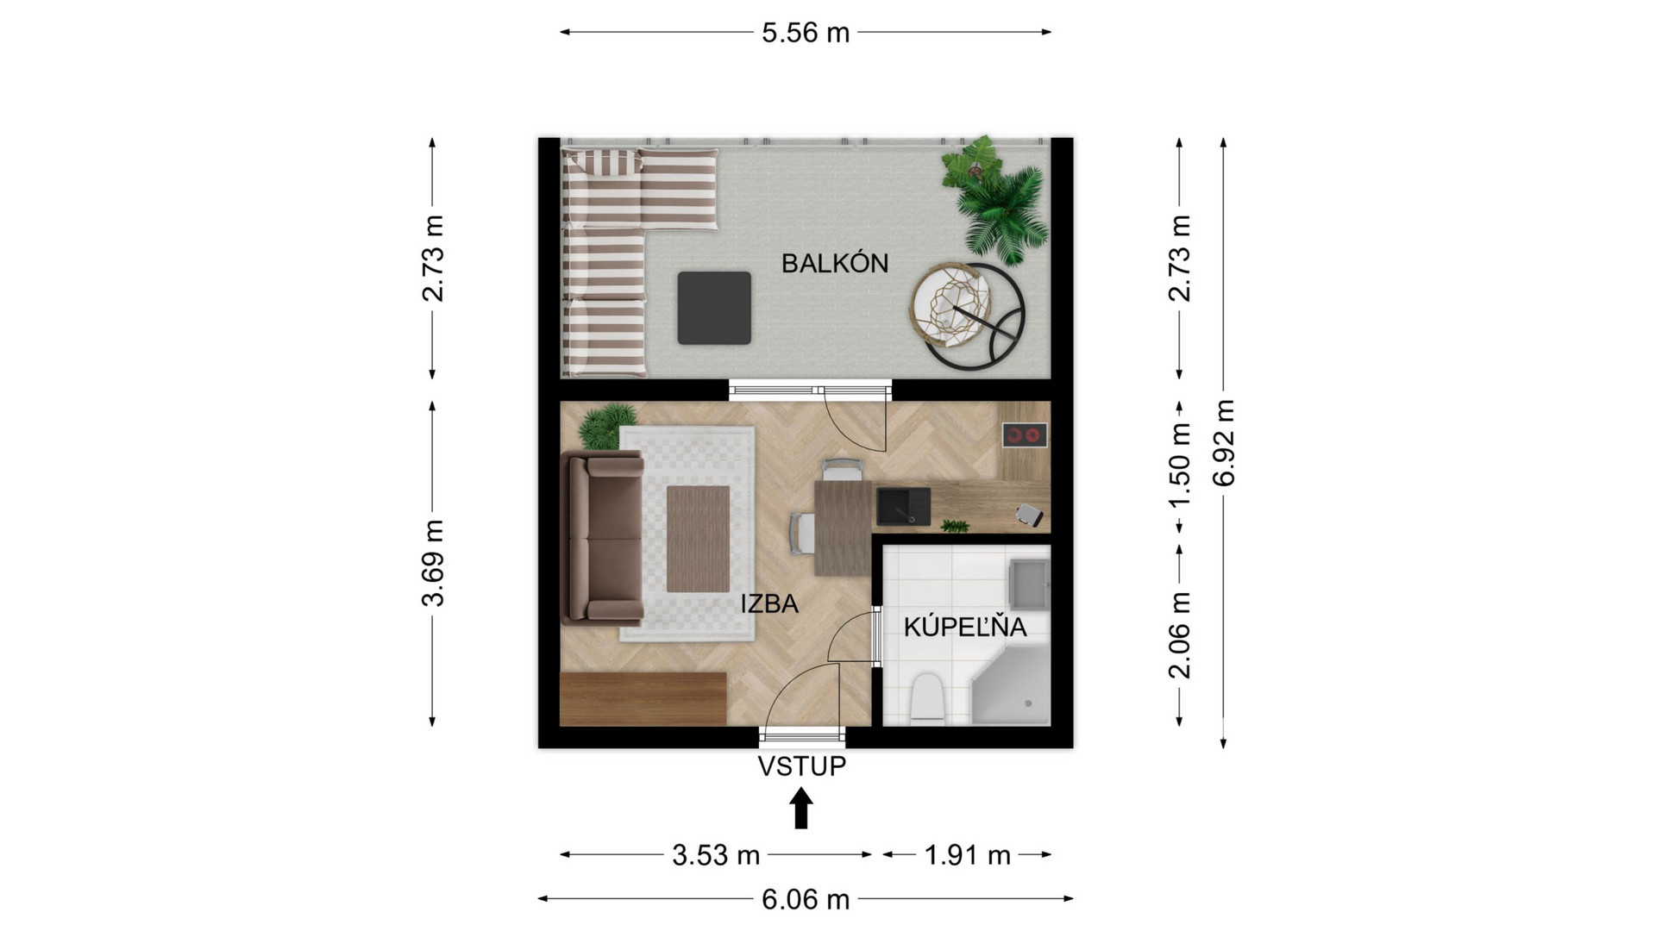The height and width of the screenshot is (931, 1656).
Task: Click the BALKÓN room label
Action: (835, 263)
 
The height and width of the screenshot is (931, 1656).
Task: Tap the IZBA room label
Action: (769, 603)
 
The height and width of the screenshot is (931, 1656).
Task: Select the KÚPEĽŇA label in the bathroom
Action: (965, 626)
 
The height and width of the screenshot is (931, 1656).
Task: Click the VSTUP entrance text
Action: (802, 766)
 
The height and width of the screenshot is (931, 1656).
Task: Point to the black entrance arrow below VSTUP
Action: (802, 810)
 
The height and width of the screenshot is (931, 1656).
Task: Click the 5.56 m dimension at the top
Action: (806, 33)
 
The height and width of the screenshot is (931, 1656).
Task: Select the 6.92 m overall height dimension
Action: (1224, 442)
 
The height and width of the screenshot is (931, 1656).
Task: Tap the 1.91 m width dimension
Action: (968, 855)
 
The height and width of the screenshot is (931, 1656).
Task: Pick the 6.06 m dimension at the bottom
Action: (806, 900)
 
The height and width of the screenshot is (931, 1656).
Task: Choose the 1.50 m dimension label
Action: (1179, 465)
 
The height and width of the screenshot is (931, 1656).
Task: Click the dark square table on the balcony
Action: (714, 308)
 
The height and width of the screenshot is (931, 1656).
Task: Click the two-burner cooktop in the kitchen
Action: (1025, 435)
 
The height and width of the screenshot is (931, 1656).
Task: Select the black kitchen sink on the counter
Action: (904, 506)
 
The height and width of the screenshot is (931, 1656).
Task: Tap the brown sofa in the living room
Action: (603, 539)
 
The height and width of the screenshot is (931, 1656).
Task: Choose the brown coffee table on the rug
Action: (699, 539)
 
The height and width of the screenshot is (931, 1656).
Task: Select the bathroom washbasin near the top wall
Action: (1030, 582)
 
